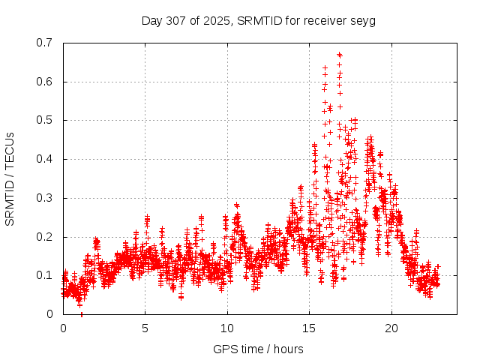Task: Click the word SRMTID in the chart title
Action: pyautogui.click(x=258, y=20)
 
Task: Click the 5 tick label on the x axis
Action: pyautogui.click(x=145, y=328)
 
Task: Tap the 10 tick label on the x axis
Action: pyautogui.click(x=227, y=328)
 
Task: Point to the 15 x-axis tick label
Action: pyautogui.click(x=309, y=328)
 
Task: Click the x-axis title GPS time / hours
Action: pyautogui.click(x=258, y=349)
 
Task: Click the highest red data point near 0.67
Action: pyautogui.click(x=339, y=55)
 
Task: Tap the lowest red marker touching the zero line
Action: pyautogui.click(x=81, y=314)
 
